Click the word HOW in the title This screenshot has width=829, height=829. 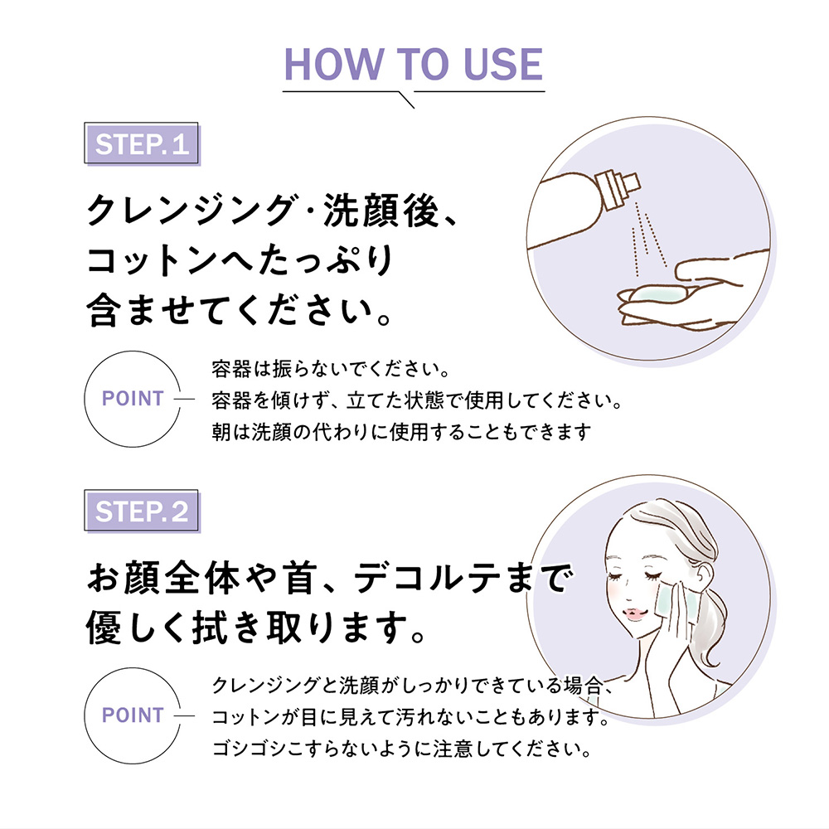coord(334,65)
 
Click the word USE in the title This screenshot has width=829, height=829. coord(503,65)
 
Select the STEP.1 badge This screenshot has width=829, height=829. coord(142,143)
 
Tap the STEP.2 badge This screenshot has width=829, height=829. coord(142,511)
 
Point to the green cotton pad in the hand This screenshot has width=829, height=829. coord(658,294)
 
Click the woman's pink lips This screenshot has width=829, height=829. coord(635,614)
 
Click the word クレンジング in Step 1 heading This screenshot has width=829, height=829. coord(191,210)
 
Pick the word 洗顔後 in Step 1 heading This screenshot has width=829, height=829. coord(381,210)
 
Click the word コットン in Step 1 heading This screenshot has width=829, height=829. coord(152,260)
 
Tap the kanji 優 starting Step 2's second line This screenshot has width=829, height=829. coord(104,628)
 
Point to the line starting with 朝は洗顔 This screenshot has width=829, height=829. coord(401,432)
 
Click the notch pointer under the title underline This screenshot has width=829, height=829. coord(406,100)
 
